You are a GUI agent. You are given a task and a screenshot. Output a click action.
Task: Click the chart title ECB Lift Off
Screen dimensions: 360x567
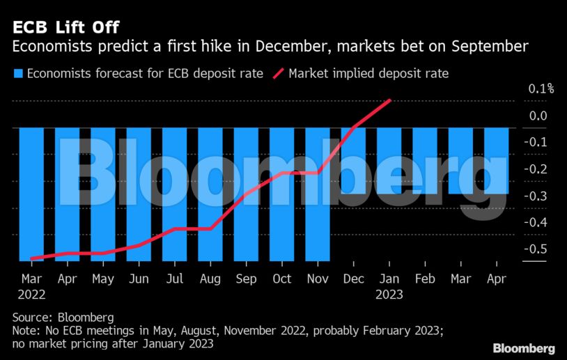(x=65, y=27)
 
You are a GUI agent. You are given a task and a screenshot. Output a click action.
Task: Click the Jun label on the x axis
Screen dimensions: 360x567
(x=139, y=279)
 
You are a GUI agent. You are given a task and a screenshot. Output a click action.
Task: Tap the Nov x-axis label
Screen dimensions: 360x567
(x=318, y=279)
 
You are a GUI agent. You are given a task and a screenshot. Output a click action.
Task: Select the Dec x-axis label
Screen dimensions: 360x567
(x=353, y=279)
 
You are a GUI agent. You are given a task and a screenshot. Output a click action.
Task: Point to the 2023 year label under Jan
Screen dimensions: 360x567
(x=389, y=294)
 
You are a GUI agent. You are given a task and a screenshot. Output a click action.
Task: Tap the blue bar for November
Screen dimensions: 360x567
(x=318, y=209)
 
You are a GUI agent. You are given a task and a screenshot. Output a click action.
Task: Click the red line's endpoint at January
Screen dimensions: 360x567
(x=389, y=100)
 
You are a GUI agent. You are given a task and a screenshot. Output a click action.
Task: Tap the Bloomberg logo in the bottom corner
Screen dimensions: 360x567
(x=524, y=347)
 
